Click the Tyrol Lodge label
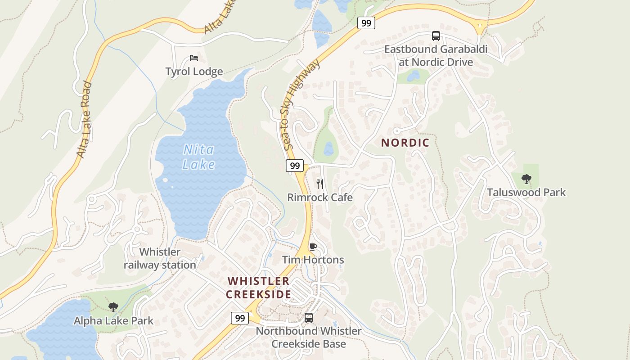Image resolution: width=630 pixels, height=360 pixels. (x=194, y=72)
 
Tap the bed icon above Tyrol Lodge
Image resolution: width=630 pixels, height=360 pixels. (x=194, y=58)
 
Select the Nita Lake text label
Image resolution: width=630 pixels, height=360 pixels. (x=198, y=157)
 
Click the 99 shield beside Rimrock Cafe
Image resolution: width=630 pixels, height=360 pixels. (x=295, y=166)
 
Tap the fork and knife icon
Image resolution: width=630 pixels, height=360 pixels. (x=320, y=184)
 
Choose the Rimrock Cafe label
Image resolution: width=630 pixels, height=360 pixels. (x=320, y=198)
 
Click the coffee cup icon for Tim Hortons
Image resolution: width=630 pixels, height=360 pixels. (x=313, y=247)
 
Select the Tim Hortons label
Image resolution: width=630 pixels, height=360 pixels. (x=313, y=260)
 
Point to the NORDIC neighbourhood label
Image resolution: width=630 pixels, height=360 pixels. (x=405, y=143)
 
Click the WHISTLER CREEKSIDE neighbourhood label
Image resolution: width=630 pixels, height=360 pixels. (x=258, y=288)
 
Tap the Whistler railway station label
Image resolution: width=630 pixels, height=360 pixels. (x=160, y=258)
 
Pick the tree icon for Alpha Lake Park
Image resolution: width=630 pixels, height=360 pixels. (x=113, y=307)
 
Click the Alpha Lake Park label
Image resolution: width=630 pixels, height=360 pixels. (x=113, y=321)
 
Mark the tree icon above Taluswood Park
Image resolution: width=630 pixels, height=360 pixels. (x=526, y=179)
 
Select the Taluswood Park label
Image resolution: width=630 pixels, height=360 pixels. (x=526, y=193)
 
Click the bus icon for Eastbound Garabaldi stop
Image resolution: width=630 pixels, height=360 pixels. (x=436, y=36)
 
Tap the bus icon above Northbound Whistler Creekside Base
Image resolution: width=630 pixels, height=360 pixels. (x=309, y=317)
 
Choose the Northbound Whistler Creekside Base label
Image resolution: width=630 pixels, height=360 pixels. (x=309, y=337)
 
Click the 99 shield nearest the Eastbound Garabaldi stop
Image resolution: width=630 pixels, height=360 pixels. (x=366, y=23)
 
